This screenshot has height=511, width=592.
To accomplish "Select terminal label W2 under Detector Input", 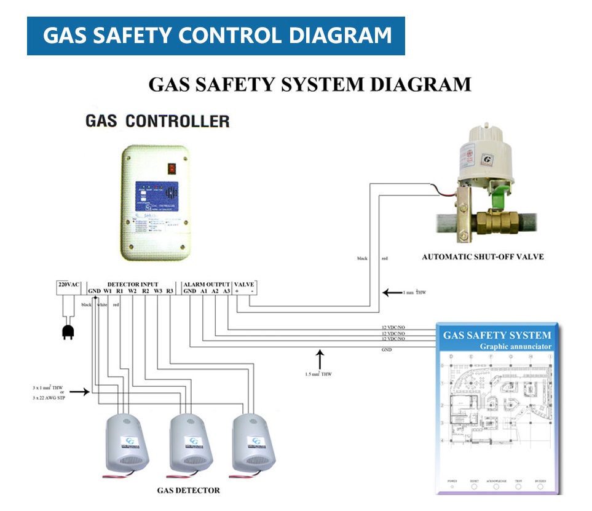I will [132, 291].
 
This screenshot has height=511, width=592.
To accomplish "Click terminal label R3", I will [170, 291].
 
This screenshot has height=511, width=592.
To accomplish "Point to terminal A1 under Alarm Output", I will [203, 291].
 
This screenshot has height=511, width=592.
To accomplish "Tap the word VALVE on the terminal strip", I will [245, 284].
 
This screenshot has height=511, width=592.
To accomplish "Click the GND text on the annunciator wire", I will [387, 349].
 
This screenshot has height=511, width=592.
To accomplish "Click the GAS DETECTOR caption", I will [188, 490].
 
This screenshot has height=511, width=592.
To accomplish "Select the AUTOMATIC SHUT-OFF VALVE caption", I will [483, 256].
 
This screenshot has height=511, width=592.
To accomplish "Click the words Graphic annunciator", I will [516, 346].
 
